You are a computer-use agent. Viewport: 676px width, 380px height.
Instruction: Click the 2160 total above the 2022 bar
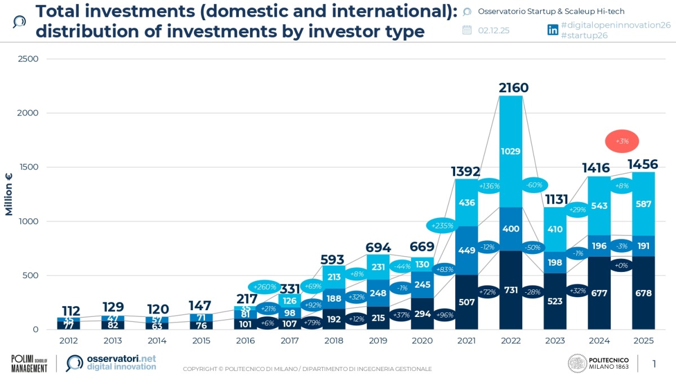[x=514, y=88]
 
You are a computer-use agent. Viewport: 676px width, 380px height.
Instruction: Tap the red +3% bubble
[x=622, y=141]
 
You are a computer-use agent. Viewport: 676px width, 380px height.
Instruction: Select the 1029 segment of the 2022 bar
[x=511, y=151]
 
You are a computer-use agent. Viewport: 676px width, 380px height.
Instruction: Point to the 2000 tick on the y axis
[x=27, y=113]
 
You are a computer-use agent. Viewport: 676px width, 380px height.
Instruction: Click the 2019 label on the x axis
[x=378, y=341]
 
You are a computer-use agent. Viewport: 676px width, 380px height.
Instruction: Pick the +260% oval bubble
[x=265, y=287]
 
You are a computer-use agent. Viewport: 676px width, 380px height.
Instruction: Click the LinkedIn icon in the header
[x=553, y=30]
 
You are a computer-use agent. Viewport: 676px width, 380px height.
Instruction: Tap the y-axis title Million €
[x=9, y=194]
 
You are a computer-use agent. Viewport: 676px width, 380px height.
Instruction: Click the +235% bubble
[x=443, y=226]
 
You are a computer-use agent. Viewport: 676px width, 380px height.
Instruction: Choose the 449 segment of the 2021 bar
[x=466, y=251]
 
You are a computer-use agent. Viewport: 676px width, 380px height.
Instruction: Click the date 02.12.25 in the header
[x=493, y=30]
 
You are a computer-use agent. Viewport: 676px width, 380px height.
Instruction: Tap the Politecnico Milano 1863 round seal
[x=577, y=363]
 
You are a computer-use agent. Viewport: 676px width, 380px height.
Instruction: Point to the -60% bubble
[x=534, y=185]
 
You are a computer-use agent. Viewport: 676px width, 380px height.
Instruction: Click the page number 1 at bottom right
[x=654, y=364]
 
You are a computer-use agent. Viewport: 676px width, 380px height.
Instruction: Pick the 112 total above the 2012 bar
[x=71, y=311]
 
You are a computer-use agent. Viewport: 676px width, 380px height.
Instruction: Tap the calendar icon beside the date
[x=467, y=30]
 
